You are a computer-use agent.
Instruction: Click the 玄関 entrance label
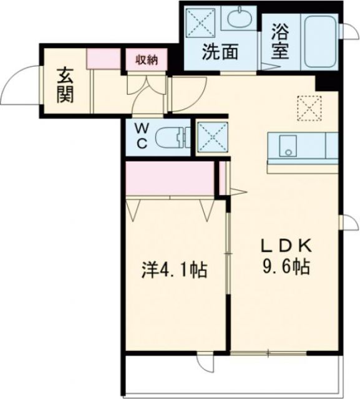pyautogui.click(x=65, y=85)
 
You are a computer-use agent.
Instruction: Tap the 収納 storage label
pyautogui.click(x=144, y=60)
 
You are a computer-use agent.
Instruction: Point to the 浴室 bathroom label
pyautogui.click(x=280, y=41)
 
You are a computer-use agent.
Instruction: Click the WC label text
pyautogui.click(x=143, y=135)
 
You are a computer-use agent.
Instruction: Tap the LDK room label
pyautogui.click(x=285, y=246)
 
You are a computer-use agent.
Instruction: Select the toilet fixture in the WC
pyautogui.click(x=172, y=136)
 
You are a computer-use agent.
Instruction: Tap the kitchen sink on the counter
pyautogui.click(x=287, y=147)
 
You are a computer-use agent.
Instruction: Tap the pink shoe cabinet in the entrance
pyautogui.click(x=104, y=58)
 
